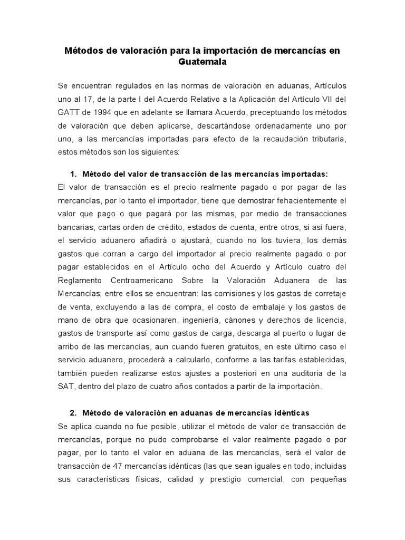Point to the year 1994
point(107,112)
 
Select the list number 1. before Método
point(73,174)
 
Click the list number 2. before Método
point(73,412)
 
